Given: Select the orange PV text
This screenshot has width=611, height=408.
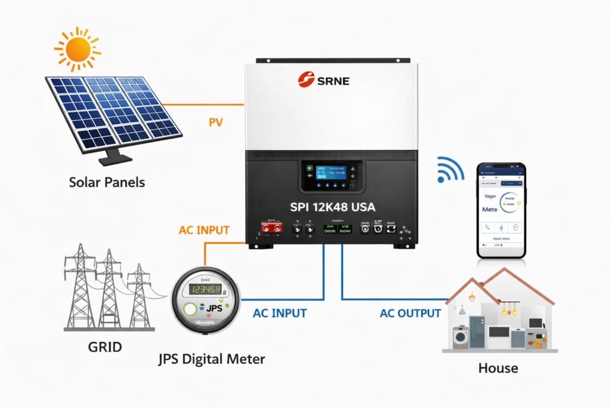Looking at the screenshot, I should point(215,123).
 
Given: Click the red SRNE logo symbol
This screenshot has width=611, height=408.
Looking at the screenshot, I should point(306,80).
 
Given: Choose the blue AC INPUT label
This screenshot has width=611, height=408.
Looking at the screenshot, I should point(279,313).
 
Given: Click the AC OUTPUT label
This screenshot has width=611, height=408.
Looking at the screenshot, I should point(411,313).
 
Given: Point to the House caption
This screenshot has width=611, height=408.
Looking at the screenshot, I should point(498,368).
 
